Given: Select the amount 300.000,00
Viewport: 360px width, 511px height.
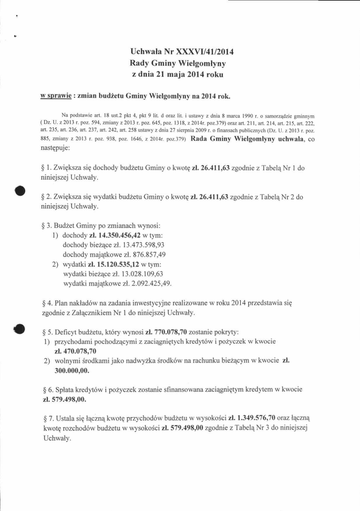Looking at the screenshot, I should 72,370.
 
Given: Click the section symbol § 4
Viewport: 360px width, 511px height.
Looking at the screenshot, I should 48,303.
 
